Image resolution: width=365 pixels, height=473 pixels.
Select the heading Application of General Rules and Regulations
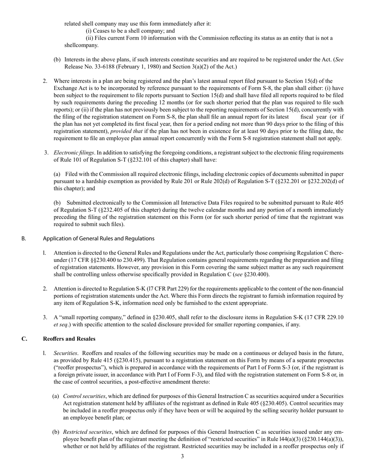pyautogui.click(x=99, y=238)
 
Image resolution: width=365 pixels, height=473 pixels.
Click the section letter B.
pyautogui.click(x=24, y=238)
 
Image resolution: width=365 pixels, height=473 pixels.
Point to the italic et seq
pyautogui.click(x=62, y=324)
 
